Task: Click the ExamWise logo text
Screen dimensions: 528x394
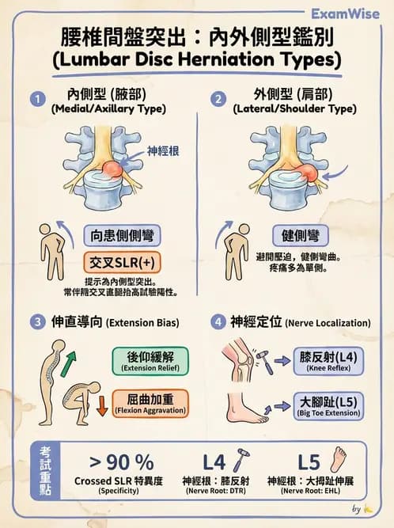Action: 347,13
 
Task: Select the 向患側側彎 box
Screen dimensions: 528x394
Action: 123,235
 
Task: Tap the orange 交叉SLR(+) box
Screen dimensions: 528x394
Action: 123,262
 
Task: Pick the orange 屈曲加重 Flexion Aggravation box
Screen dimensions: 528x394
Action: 150,403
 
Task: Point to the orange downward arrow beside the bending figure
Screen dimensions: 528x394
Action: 102,408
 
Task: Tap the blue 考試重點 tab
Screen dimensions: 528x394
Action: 47,469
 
